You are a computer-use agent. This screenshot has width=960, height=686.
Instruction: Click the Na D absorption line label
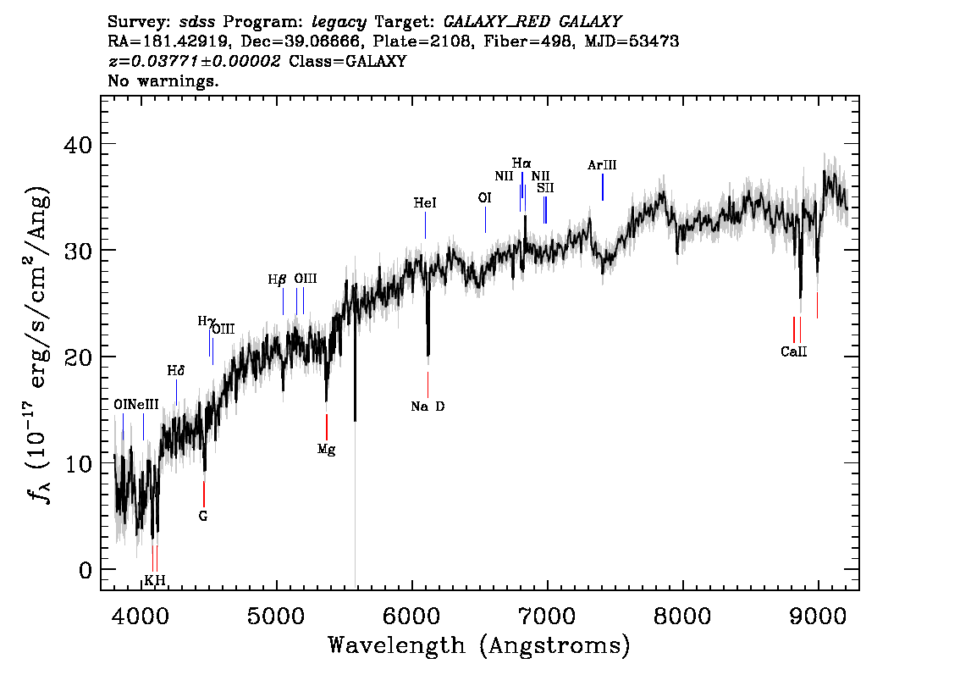[x=428, y=407]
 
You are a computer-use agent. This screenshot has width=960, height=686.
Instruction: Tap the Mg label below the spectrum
[x=326, y=450]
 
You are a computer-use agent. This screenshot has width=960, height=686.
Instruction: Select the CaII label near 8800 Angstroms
[x=793, y=351]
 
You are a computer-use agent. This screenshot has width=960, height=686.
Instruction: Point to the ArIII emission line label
[x=602, y=165]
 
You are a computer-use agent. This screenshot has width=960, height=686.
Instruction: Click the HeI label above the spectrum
[x=425, y=202]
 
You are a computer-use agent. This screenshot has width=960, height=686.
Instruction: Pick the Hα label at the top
[x=521, y=163]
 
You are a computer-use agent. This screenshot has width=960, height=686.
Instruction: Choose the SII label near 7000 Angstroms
[x=545, y=188]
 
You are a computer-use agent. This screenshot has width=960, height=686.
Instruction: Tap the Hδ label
[x=176, y=371]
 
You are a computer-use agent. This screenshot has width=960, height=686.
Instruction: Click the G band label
[x=203, y=517]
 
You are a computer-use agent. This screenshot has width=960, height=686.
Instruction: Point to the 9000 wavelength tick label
[x=817, y=617]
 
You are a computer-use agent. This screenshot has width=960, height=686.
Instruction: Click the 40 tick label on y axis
[x=78, y=145]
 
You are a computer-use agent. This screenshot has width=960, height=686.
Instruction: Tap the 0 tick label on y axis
[x=86, y=570]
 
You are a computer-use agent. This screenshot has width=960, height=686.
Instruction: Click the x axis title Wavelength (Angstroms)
[x=479, y=645]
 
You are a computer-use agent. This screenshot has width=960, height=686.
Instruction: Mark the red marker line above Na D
[x=428, y=384]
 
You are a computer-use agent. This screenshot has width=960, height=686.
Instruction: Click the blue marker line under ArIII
[x=603, y=187]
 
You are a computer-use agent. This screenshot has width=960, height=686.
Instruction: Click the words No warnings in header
[x=163, y=80]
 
